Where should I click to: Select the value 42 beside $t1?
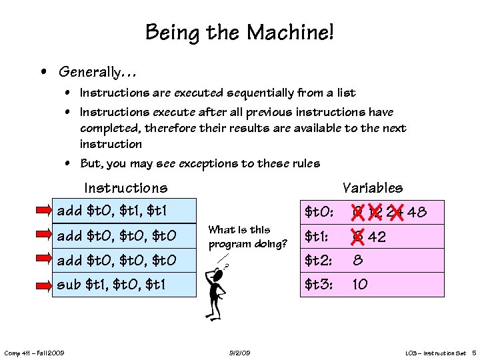click(377, 237)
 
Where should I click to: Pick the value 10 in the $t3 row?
click(359, 285)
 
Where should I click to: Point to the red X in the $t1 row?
click(358, 237)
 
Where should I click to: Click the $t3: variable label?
click(319, 285)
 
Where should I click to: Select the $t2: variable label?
click(319, 261)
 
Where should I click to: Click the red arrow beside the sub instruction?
click(44, 285)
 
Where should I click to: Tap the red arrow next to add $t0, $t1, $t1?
click(44, 211)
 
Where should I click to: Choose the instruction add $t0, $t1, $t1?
click(113, 211)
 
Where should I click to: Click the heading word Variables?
click(372, 188)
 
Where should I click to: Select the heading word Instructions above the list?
click(125, 188)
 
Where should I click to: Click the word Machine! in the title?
click(291, 31)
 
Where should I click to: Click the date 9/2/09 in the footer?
click(239, 352)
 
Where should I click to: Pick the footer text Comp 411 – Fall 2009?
click(34, 352)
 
